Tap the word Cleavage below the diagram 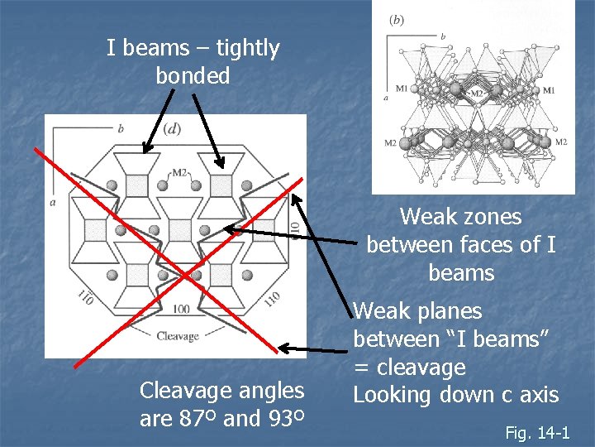pos(178,335)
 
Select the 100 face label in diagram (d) pos(180,309)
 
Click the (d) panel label pos(172,128)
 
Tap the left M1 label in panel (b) pos(402,89)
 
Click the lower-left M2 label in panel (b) pos(390,142)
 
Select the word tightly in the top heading pos(234,48)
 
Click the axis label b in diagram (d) pos(121,128)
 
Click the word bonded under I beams pos(193,76)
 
